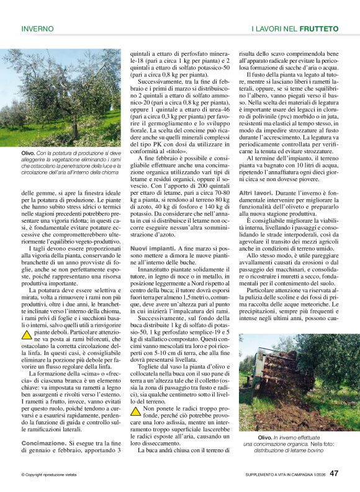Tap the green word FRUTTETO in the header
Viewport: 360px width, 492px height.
pyautogui.click(x=319, y=29)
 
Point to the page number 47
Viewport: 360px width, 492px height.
pyautogui.click(x=334, y=474)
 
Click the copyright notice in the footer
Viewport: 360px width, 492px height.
pyautogui.click(x=52, y=475)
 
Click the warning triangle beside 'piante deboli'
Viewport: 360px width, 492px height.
pyautogui.click(x=27, y=334)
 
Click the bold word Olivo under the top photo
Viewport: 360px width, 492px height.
pyautogui.click(x=28, y=153)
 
